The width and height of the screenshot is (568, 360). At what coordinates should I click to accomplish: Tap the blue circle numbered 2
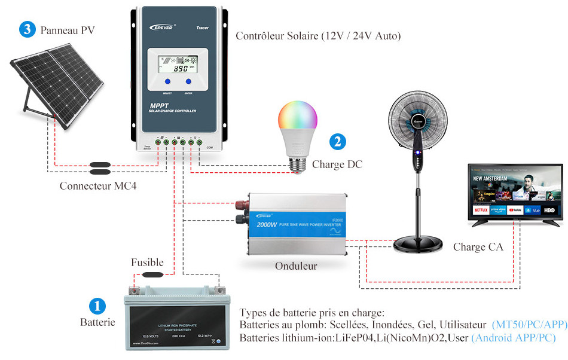coord(338,142)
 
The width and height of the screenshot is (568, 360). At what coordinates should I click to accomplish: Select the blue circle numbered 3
coord(27,29)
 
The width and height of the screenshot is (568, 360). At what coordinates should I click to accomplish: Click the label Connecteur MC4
coord(98,186)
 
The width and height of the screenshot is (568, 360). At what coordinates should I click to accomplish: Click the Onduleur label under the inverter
coord(296,266)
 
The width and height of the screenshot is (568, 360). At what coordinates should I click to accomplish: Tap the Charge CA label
coord(478,247)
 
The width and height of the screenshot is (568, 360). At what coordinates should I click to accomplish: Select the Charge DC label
coord(337,164)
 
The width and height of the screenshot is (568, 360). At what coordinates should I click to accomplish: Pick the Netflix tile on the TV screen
coord(480,210)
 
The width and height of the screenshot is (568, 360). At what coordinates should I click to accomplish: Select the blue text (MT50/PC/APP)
coord(529,325)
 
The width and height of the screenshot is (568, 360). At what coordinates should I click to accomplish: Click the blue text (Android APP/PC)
coord(513,338)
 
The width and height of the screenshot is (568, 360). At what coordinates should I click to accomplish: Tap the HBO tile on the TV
coord(549,210)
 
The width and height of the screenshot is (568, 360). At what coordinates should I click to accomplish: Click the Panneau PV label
coord(68,30)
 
